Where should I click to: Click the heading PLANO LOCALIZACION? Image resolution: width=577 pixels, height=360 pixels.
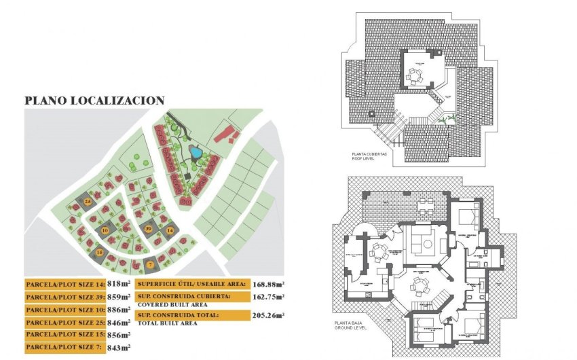tap(94, 101)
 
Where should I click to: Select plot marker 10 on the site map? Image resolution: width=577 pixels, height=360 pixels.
tap(105, 230)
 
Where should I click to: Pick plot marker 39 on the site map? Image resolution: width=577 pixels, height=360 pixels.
tap(148, 229)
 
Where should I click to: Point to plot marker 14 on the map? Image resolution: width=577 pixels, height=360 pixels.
tap(170, 231)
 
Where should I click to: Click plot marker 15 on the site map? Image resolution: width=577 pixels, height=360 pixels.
tap(100, 253)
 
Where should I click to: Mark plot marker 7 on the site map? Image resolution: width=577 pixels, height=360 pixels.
tap(150, 264)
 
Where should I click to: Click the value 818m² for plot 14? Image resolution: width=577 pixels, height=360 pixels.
tap(118, 285)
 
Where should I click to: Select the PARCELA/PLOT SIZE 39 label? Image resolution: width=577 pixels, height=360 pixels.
tap(64, 298)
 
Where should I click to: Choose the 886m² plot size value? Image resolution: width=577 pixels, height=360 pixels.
tap(118, 310)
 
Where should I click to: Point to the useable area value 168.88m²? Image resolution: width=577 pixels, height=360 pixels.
tap(268, 285)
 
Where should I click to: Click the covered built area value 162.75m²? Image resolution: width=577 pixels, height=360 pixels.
tap(268, 297)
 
